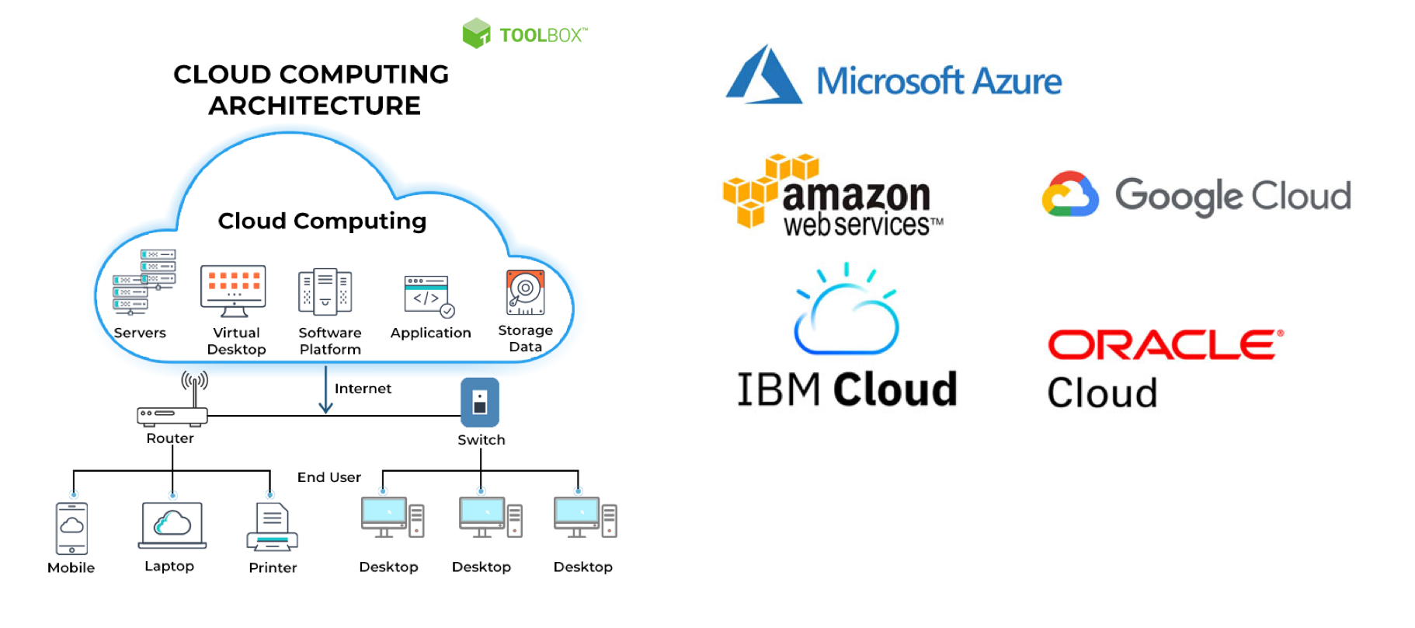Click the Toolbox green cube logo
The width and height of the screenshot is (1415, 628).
476,33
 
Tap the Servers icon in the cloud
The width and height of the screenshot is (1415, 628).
144,282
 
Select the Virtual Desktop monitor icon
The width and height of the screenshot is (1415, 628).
233,291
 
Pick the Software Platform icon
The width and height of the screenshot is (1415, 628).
325,292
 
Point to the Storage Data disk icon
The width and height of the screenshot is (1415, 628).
526,292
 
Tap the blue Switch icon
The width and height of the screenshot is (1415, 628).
480,402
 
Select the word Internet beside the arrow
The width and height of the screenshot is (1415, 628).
363,389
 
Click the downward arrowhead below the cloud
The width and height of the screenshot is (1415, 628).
325,406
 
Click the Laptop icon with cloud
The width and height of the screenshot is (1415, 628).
172,525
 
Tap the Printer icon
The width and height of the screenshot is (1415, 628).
272,529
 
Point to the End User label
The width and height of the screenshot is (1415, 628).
329,477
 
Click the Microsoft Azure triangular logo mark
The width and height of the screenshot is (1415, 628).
763,76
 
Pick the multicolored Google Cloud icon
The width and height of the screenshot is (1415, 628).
1070,194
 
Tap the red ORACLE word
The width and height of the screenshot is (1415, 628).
1165,344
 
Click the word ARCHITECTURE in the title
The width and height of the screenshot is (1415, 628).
315,106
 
